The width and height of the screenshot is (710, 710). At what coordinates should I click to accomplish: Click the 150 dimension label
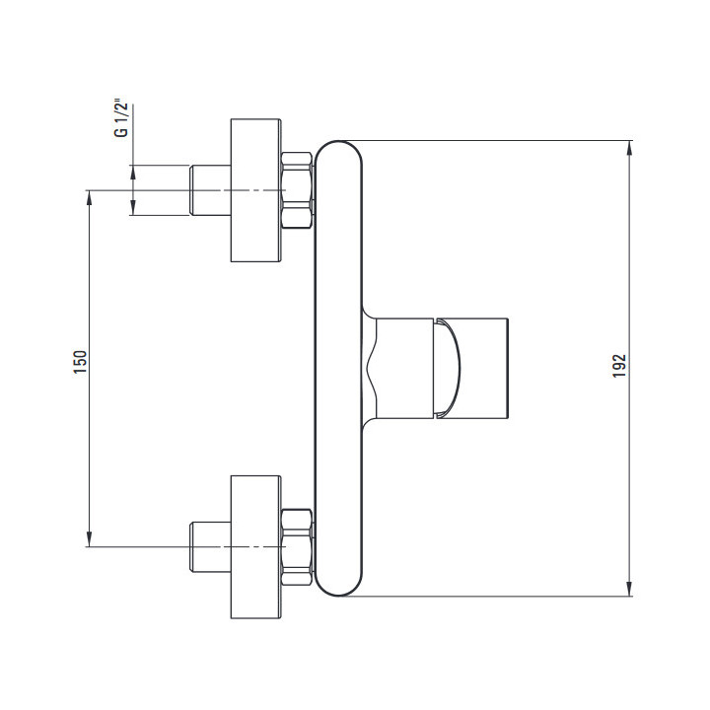[x=80, y=361]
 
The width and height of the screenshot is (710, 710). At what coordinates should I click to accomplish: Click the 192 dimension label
[x=619, y=366]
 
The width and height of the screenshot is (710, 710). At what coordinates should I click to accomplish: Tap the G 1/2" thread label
[x=121, y=119]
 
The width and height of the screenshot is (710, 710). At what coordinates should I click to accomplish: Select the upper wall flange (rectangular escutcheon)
[x=255, y=190]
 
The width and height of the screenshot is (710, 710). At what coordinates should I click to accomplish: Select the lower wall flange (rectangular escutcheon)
[x=255, y=547]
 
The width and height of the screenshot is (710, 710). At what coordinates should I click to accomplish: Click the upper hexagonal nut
[x=297, y=190]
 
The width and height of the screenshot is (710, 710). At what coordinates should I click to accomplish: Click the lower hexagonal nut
[x=297, y=547]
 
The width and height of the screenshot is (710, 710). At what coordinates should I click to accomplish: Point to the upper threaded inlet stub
[x=210, y=190]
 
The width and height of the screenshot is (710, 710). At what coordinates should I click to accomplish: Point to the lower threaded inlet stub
[x=210, y=547]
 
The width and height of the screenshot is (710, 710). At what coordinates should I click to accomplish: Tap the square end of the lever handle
[x=484, y=369]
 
